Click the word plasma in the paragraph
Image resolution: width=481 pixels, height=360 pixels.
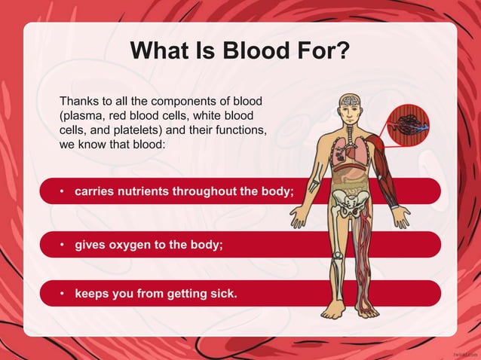(81, 116)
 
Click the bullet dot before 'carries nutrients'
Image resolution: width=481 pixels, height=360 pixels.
(63, 191)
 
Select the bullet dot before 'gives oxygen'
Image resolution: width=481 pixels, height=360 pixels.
(63, 246)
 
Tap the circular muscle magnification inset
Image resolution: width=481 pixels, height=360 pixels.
(408, 124)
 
